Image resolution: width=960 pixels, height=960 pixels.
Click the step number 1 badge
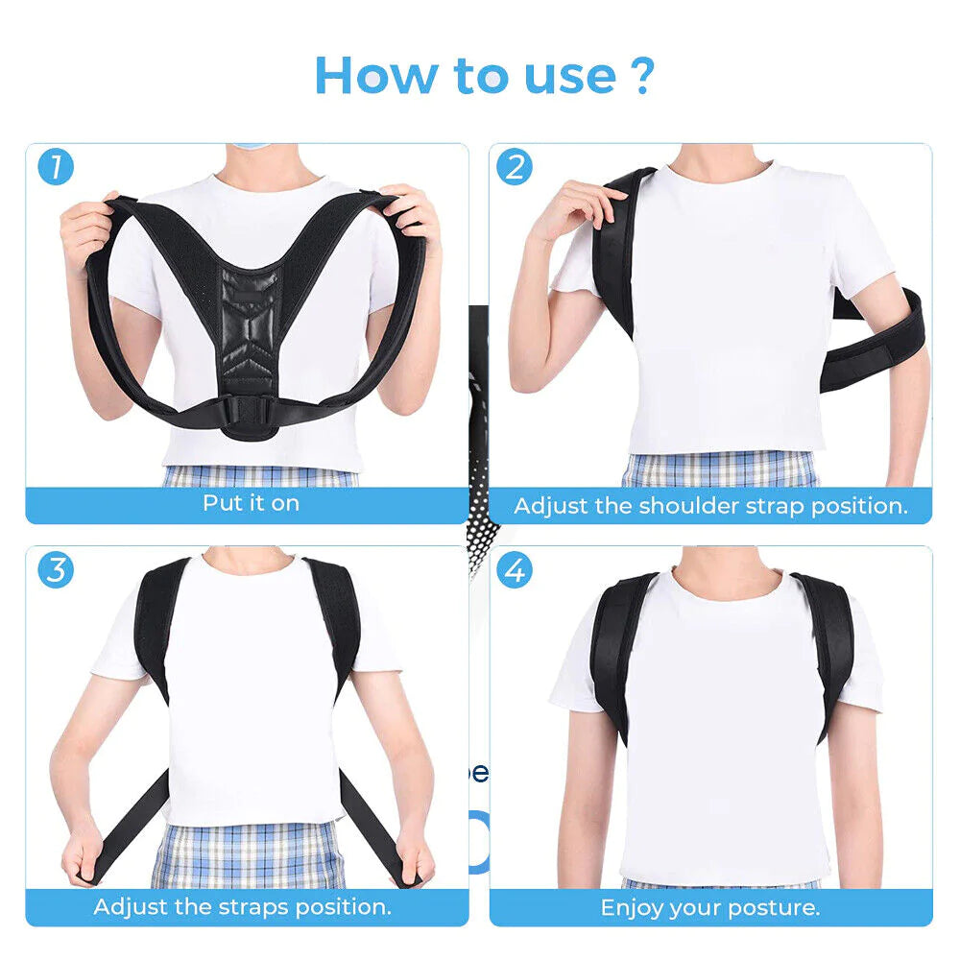[56, 167]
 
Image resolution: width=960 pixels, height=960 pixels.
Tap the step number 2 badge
[515, 167]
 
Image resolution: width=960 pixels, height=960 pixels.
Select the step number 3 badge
[56, 569]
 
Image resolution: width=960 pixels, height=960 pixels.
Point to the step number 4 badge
[515, 569]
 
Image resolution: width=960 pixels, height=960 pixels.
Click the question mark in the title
[643, 75]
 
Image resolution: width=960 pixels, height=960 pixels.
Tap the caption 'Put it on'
[251, 503]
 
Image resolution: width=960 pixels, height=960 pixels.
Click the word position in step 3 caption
[347, 906]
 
